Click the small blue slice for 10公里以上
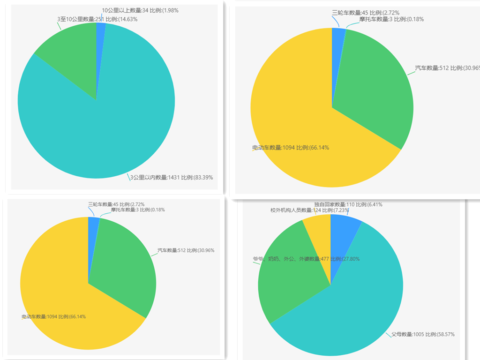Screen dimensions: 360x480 (x=100, y=33)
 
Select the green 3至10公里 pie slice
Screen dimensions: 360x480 (x=70, y=52)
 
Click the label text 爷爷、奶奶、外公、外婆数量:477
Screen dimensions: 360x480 (x=291, y=259)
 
